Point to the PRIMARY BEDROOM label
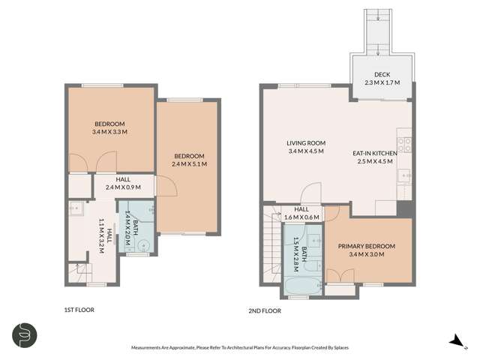click(x=366, y=246)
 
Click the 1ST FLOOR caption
click(x=79, y=309)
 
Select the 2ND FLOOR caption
click(x=264, y=309)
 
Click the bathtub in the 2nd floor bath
click(x=301, y=284)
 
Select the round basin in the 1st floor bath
click(x=145, y=242)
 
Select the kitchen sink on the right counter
click(x=404, y=177)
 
